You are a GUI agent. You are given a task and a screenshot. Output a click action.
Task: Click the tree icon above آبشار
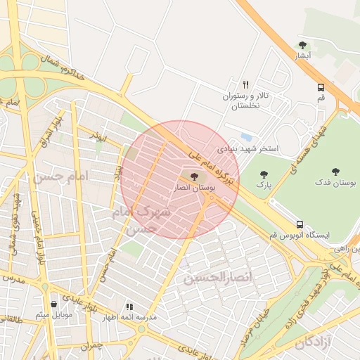(x=302, y=46)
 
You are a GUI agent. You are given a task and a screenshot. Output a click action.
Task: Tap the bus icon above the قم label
(x=321, y=88)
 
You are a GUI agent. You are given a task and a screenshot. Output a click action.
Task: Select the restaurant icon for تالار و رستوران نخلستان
(x=245, y=84)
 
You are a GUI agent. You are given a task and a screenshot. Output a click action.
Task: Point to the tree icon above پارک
(x=264, y=174)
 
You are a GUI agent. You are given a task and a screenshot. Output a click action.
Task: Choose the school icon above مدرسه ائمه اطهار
(x=129, y=307)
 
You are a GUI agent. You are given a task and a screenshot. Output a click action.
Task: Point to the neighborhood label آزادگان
(x=313, y=343)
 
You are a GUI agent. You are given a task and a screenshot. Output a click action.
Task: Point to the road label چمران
(x=91, y=346)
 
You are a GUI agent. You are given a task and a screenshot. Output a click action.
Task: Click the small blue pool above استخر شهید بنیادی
(x=246, y=136)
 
